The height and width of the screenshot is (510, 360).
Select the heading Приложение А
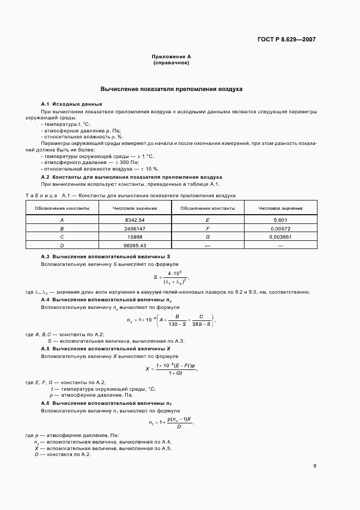coord(171,57)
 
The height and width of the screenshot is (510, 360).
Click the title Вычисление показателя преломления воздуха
coord(171,88)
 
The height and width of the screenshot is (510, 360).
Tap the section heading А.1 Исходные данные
coord(71,104)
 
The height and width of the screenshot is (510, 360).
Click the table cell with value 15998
coord(135,238)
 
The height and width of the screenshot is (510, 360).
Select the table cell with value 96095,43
coord(135,246)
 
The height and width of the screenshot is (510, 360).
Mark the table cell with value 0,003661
coord(280,238)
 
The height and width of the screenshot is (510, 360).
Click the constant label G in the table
coord(208,238)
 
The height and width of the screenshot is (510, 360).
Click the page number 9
coord(314,466)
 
